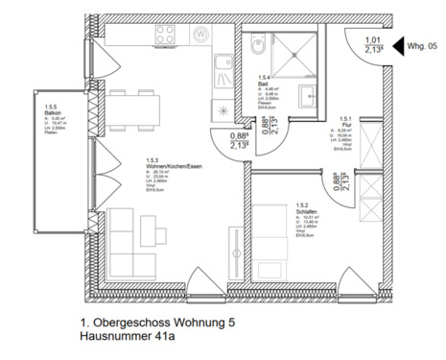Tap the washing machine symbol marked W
(x=200, y=35)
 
